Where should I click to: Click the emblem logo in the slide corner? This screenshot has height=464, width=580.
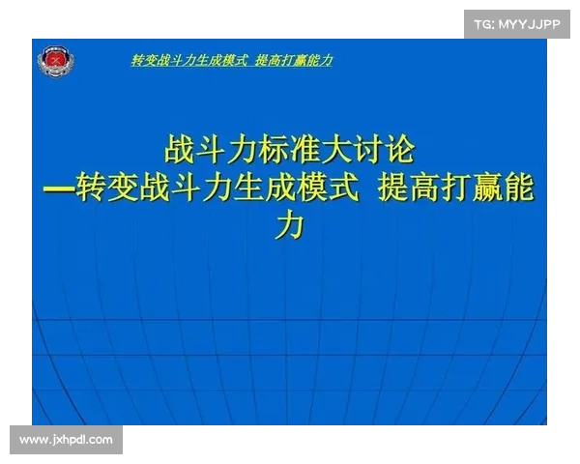tap(56, 63)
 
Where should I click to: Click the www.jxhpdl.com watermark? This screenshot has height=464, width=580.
tap(66, 440)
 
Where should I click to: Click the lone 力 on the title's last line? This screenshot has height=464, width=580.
tap(290, 226)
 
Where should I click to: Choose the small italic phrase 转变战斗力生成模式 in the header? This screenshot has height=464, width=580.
tap(188, 61)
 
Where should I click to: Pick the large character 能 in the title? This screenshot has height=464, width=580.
tap(517, 188)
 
